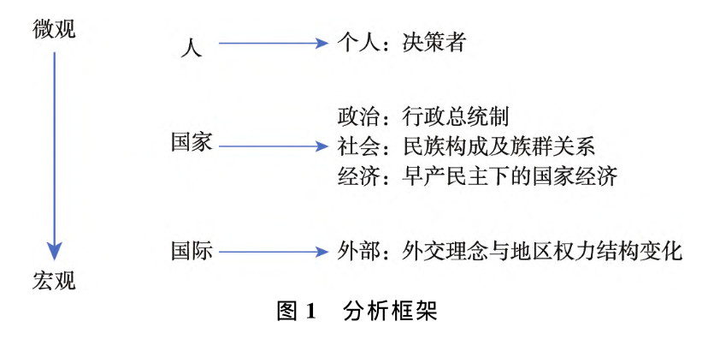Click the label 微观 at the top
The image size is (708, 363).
point(55,29)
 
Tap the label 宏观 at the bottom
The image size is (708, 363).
point(55,279)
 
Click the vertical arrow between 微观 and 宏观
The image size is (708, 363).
point(55,154)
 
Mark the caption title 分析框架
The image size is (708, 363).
point(390,311)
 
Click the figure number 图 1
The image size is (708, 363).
point(296,311)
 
